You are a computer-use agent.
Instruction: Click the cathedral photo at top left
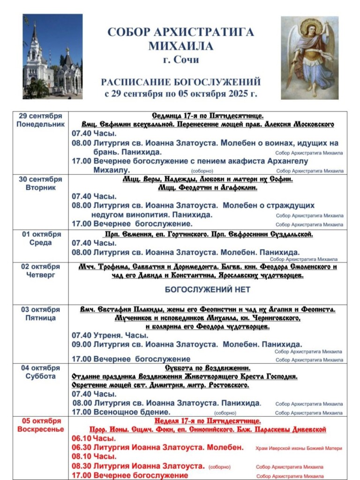tap(52, 56)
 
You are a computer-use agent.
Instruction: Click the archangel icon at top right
tap(309, 58)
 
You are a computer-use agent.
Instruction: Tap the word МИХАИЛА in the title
tap(180, 46)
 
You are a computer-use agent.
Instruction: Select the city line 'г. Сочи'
tap(180, 60)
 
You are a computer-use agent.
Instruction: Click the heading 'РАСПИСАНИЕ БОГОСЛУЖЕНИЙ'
tap(180, 82)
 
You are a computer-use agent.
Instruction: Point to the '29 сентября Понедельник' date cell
tap(40, 120)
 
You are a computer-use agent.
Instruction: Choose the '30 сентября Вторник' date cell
tap(40, 183)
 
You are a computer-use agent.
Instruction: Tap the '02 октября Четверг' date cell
tap(40, 270)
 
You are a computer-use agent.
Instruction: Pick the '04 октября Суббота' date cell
tap(40, 372)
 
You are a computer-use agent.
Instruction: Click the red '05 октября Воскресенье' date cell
tap(40, 424)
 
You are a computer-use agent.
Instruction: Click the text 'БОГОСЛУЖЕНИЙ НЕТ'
tap(207, 290)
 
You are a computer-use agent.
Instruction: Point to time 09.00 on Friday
tap(81, 344)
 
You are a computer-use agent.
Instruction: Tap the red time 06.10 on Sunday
tap(82, 438)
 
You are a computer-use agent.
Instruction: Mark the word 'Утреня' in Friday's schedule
tap(105, 335)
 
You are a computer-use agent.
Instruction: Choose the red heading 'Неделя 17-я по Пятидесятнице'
tap(207, 421)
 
